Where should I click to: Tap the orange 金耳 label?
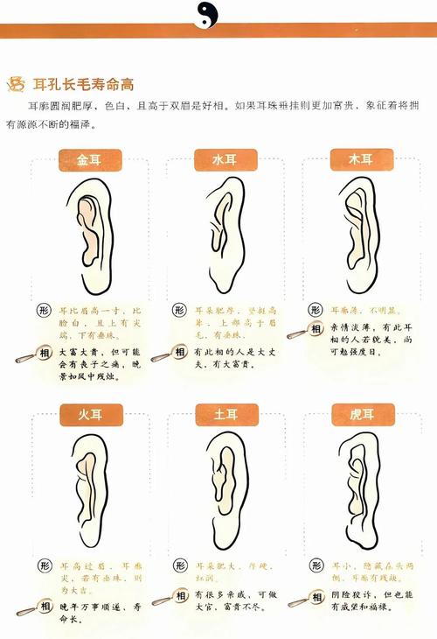pos(89,160)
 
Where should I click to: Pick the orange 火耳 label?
pos(89,413)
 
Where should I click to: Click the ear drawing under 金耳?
pos(90,235)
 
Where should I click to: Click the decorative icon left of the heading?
pos(16,84)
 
